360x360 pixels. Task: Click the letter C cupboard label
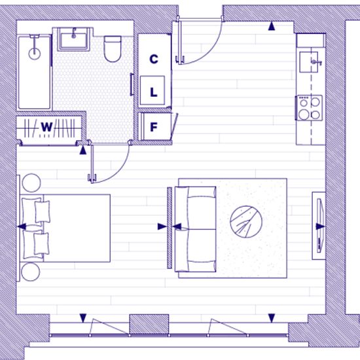coord(154,59)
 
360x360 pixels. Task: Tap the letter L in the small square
coord(154,92)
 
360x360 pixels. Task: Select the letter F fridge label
coord(154,127)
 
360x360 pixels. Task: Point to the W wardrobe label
coord(47,127)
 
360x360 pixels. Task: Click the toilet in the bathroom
coord(113,48)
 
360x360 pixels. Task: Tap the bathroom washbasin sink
coord(73,39)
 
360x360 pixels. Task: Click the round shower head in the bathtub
coord(35,54)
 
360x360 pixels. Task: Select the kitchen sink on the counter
coord(309,62)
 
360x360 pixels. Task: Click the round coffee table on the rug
coord(246,222)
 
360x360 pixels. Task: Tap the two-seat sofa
coord(196,229)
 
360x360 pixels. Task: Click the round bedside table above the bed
coord(31,183)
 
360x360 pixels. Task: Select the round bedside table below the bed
coord(31,272)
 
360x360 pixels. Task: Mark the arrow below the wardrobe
coord(83,151)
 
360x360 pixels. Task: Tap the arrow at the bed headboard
coord(22,226)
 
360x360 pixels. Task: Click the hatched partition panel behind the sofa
coord(170,228)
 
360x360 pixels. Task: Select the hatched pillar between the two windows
coord(149,324)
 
